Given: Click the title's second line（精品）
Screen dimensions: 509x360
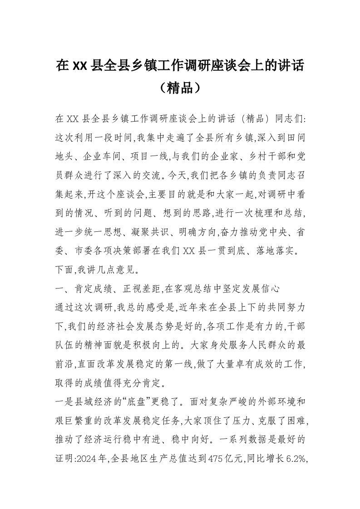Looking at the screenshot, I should (180, 87).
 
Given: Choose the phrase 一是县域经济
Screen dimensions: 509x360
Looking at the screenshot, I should (81, 401).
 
